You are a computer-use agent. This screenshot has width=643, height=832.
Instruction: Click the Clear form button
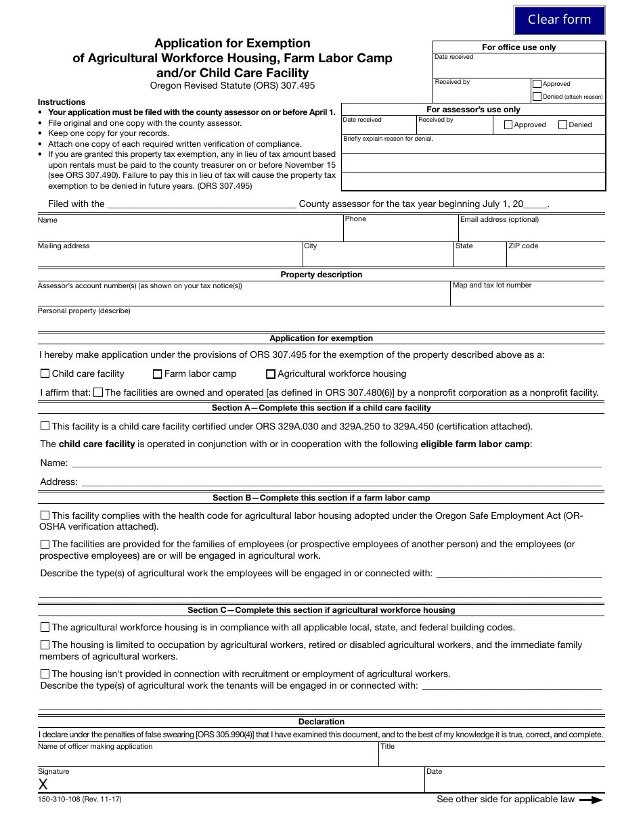(x=559, y=20)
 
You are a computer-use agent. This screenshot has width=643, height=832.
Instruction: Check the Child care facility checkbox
(x=45, y=373)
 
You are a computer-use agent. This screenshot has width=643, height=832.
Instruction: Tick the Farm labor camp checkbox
(x=158, y=373)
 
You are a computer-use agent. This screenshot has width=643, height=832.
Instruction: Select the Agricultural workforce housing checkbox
(x=271, y=373)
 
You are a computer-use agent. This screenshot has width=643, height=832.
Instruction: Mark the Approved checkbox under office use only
(x=537, y=84)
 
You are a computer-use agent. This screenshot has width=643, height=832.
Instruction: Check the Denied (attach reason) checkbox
(x=537, y=97)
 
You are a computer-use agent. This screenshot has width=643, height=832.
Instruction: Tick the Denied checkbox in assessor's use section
(x=562, y=124)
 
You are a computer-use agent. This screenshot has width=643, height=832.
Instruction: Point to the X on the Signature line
(x=43, y=784)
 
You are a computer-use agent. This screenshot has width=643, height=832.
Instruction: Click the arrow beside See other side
(x=591, y=800)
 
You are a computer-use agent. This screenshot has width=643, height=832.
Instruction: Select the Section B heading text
(x=321, y=498)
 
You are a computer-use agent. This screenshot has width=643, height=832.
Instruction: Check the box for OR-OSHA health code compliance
(x=45, y=515)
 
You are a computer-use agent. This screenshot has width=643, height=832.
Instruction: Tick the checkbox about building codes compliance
(x=45, y=627)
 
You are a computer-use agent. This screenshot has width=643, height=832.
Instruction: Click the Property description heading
(x=321, y=275)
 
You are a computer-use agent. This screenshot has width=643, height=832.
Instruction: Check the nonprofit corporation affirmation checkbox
(x=98, y=392)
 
